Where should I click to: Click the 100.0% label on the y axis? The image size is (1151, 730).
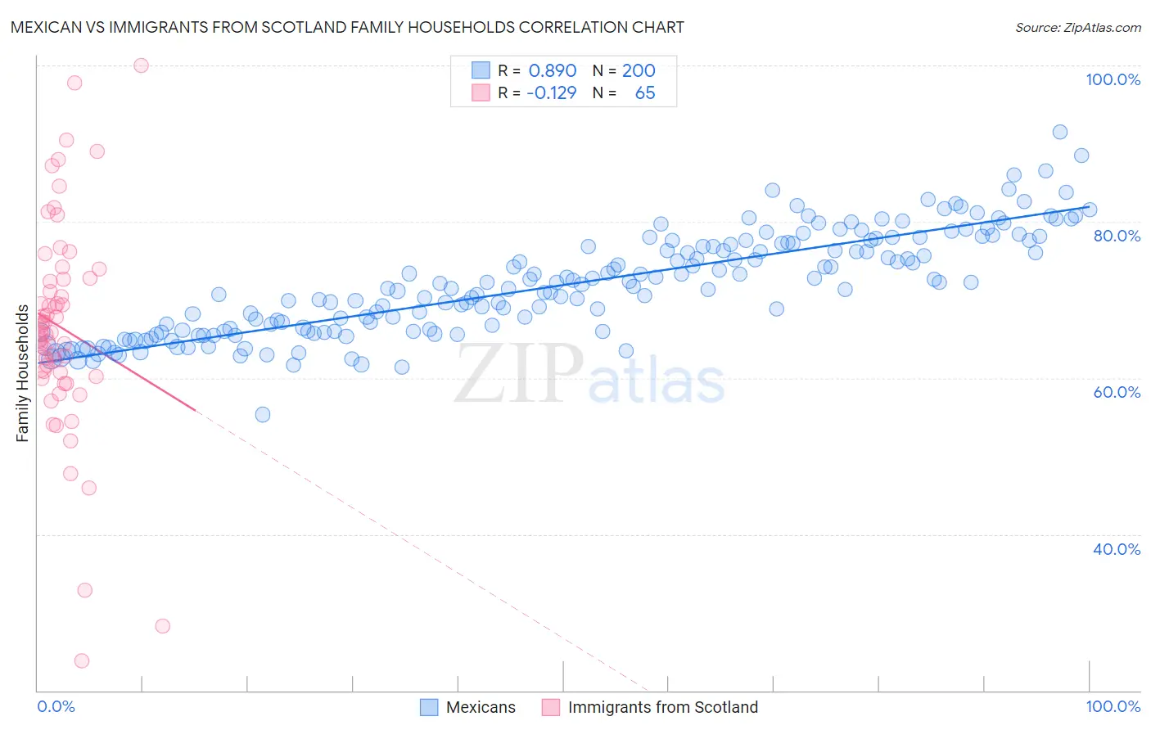coord(1113,79)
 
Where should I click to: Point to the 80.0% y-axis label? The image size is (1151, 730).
coord(1117,236)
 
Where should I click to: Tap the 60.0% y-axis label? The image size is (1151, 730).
coord(1117,392)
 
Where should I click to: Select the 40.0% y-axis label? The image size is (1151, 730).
coord(1117,549)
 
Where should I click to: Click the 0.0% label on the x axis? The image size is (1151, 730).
coord(56,706)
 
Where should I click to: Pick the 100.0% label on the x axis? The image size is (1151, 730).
coord(1113,706)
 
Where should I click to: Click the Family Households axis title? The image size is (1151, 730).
coord(23,373)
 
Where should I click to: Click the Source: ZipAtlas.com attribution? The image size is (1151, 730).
coord(1077,27)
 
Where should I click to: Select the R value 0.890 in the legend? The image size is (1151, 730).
coord(553,71)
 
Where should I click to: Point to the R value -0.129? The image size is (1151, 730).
coord(551,93)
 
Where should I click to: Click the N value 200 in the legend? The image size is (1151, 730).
coord(639,71)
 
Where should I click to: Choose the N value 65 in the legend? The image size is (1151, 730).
coord(645,93)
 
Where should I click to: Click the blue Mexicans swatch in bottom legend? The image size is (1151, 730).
coord(429,707)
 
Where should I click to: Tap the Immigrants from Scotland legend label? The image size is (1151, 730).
coord(662,707)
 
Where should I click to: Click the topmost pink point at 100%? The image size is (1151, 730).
coord(141,65)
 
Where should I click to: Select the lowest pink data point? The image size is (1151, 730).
coord(82,660)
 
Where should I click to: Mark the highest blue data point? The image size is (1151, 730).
coord(1059,132)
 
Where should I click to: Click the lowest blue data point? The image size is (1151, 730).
coord(263,414)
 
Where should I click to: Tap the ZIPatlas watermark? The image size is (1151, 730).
coord(589,374)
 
